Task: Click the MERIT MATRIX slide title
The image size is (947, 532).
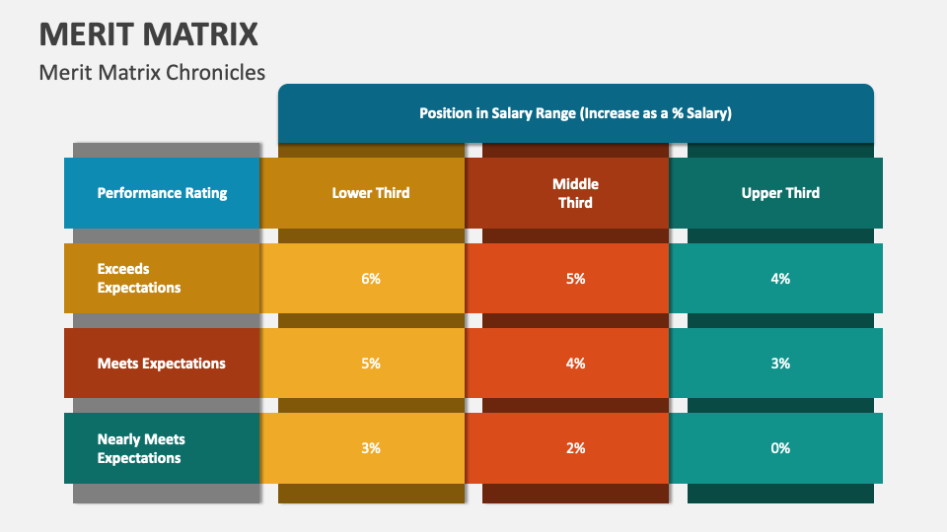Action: click(149, 33)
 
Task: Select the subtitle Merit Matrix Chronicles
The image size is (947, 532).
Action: click(152, 72)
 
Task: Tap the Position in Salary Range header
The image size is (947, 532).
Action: click(575, 113)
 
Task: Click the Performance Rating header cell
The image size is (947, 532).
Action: click(162, 193)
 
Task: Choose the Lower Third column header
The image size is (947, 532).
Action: click(371, 193)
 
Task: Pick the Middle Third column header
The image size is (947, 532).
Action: click(575, 193)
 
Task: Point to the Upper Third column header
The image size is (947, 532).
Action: click(780, 193)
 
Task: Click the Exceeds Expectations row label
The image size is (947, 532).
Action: click(139, 278)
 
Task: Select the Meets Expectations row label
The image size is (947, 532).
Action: click(162, 364)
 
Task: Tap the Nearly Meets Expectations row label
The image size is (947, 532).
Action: click(141, 448)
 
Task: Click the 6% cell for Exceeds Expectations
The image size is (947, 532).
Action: click(371, 279)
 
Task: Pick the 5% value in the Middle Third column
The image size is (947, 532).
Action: click(575, 279)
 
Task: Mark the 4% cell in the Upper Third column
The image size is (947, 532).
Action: click(780, 279)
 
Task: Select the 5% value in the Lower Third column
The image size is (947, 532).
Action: click(371, 364)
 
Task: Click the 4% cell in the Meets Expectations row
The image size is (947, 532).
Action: click(575, 364)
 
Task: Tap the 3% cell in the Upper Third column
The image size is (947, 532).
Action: click(780, 364)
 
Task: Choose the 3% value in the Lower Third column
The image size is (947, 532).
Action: click(371, 448)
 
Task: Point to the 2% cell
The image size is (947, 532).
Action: click(575, 448)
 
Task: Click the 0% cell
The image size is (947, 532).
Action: click(780, 448)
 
